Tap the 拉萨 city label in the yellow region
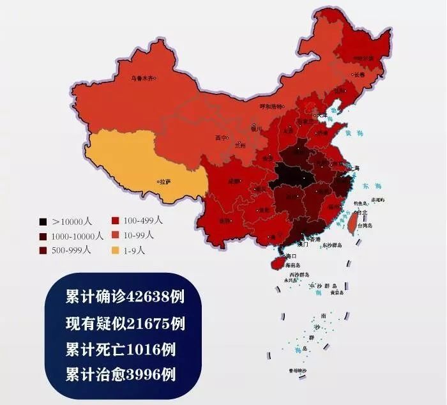[x=164, y=181]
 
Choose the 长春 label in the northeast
[x=359, y=74]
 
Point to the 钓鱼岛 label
[x=360, y=202]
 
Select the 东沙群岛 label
[x=331, y=245]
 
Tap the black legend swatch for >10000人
[x=43, y=222]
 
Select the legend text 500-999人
[x=72, y=250]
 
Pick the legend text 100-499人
[x=144, y=220]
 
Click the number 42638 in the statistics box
[x=149, y=298]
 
